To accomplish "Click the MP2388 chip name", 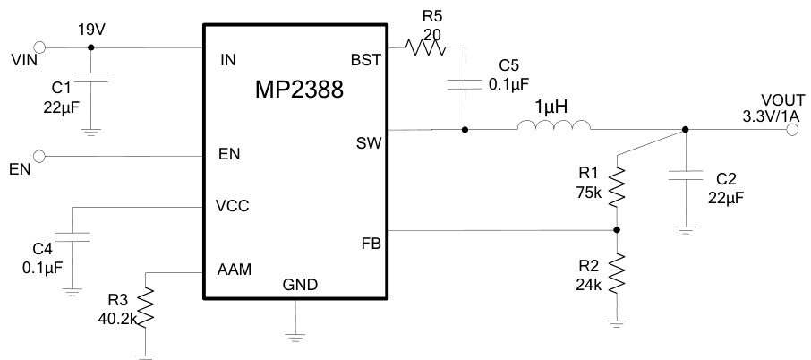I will click(294, 90).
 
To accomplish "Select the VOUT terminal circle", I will click(792, 130).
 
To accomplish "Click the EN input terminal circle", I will click(39, 156).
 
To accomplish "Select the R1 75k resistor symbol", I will click(618, 186).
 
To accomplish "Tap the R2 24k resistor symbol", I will click(618, 274).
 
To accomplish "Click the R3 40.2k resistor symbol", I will click(147, 306).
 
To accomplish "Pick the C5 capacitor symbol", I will click(465, 85).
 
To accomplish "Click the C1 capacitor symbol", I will click(90, 78).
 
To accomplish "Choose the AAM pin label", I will click(235, 270).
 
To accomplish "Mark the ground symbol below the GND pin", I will click(295, 337).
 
